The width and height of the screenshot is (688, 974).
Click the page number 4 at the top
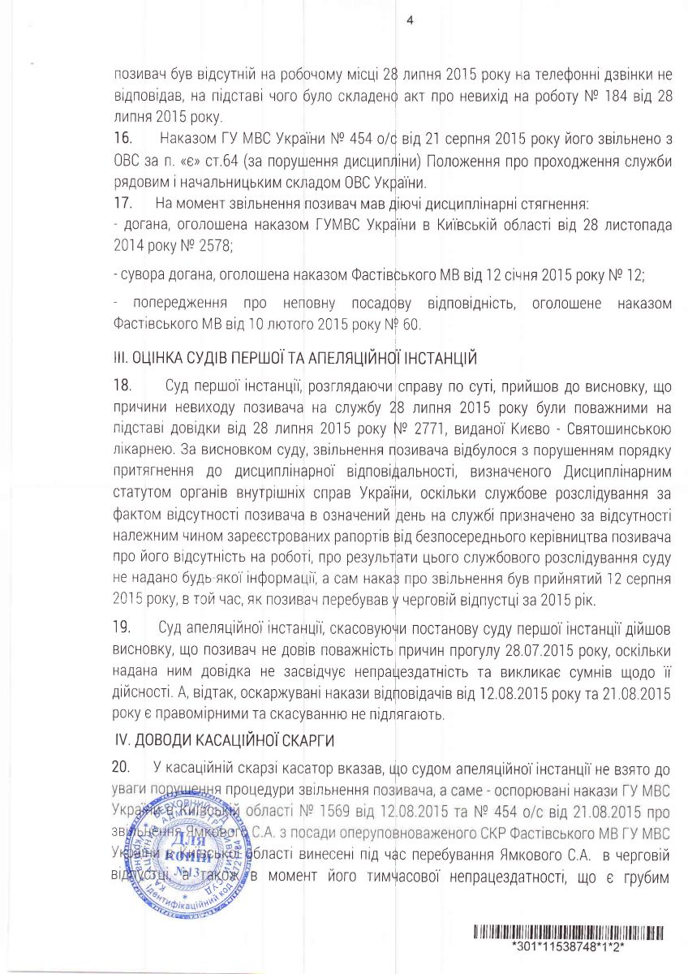click(x=409, y=22)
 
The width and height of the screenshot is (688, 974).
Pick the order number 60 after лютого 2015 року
click(x=413, y=325)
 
